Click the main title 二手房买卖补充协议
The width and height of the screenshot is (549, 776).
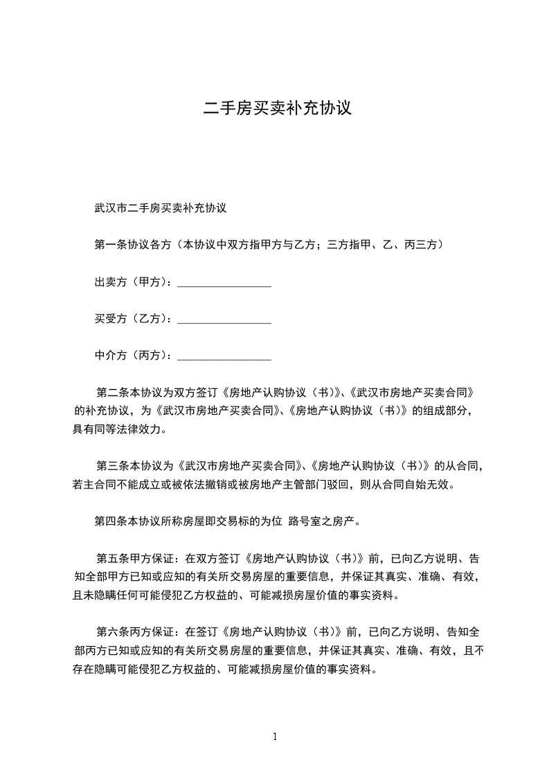click(278, 109)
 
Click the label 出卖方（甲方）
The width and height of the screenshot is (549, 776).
click(132, 282)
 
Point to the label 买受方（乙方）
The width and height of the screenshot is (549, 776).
click(132, 319)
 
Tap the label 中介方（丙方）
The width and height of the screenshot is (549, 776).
click(132, 355)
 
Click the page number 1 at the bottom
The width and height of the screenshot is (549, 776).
click(275, 737)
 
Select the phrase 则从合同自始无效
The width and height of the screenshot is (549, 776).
click(408, 485)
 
